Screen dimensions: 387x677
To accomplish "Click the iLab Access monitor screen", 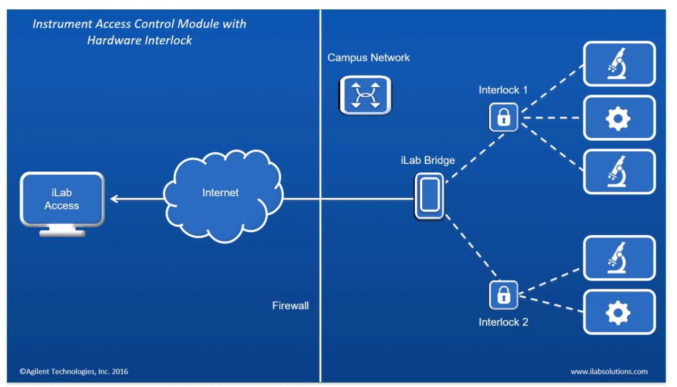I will (61, 199).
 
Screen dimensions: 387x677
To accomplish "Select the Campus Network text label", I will (368, 58).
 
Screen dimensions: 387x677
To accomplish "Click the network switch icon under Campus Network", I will (365, 95).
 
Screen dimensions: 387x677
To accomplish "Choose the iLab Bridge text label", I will (428, 161).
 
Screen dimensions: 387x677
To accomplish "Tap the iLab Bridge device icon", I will (429, 196).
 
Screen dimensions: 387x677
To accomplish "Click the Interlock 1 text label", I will (503, 90).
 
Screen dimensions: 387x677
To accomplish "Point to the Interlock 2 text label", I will (503, 322).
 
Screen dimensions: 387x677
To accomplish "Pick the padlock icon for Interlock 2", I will (503, 295).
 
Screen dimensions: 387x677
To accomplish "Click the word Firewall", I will (290, 306).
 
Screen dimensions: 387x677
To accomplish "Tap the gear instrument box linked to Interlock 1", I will (619, 118).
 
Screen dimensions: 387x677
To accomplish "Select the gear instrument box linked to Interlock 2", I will (619, 312).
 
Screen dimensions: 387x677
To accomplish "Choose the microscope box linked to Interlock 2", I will (619, 258).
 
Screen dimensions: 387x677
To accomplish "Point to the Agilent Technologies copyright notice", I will (74, 371).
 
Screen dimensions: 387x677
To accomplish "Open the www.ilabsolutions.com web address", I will (609, 371).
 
